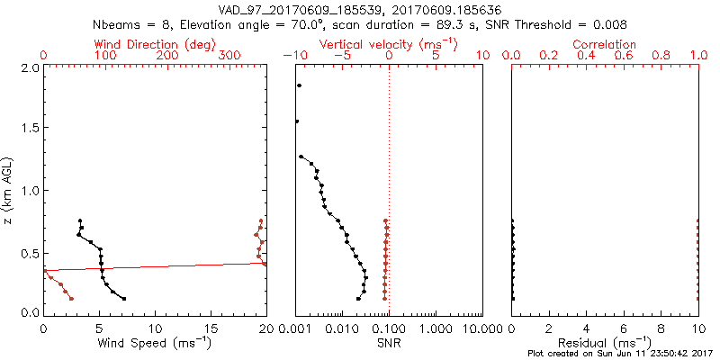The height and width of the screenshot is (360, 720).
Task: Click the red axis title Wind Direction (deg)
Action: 154,44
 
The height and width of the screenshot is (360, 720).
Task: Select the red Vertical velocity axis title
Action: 388,44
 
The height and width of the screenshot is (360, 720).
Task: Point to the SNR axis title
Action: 389,343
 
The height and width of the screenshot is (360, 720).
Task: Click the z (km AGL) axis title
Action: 8,190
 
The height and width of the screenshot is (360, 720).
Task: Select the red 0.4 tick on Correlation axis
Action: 586,56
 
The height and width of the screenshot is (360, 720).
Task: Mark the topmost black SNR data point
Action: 299,86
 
